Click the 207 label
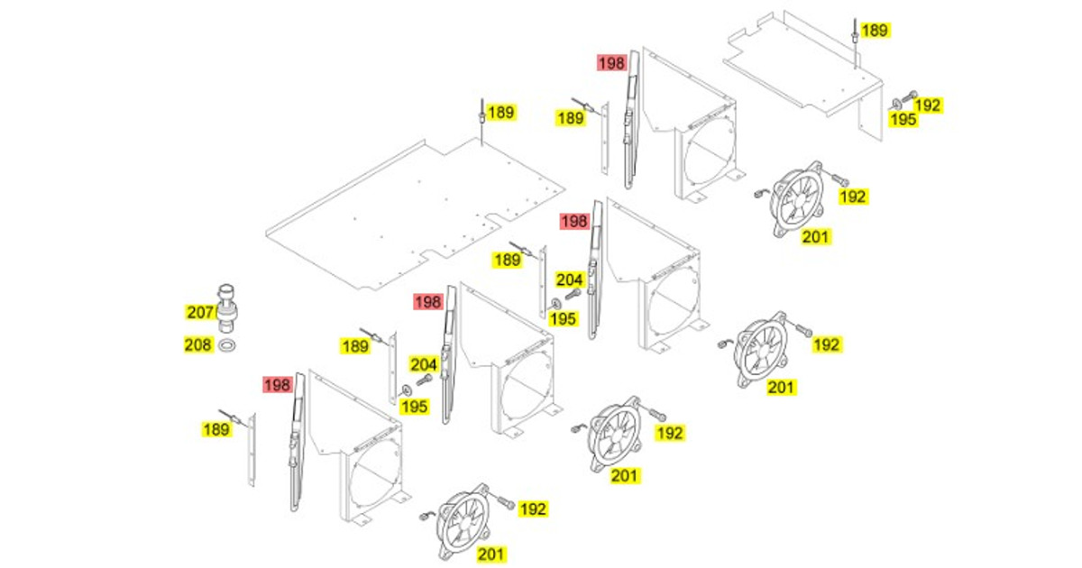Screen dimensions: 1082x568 (x=200, y=313)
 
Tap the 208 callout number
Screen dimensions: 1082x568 (x=198, y=344)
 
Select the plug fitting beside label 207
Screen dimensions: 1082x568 (x=226, y=308)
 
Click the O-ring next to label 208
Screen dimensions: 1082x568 (x=227, y=346)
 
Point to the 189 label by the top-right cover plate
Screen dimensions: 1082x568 (x=875, y=31)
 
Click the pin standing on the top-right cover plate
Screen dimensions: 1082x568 (x=855, y=43)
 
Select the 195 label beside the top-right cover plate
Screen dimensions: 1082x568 (x=903, y=119)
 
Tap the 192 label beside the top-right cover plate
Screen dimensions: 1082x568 (x=928, y=105)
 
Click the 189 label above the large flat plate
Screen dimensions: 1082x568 (x=501, y=113)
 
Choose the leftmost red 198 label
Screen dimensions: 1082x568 (x=278, y=385)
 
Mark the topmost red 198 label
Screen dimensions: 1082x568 (x=612, y=63)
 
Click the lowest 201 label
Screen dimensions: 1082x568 (x=491, y=554)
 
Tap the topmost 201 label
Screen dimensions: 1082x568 (x=815, y=236)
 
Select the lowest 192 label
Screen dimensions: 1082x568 (x=533, y=509)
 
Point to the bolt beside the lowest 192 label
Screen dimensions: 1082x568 (x=505, y=503)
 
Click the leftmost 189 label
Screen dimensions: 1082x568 (x=216, y=429)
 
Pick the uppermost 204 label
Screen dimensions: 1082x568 (x=570, y=280)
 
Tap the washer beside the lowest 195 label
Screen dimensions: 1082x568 (x=407, y=390)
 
